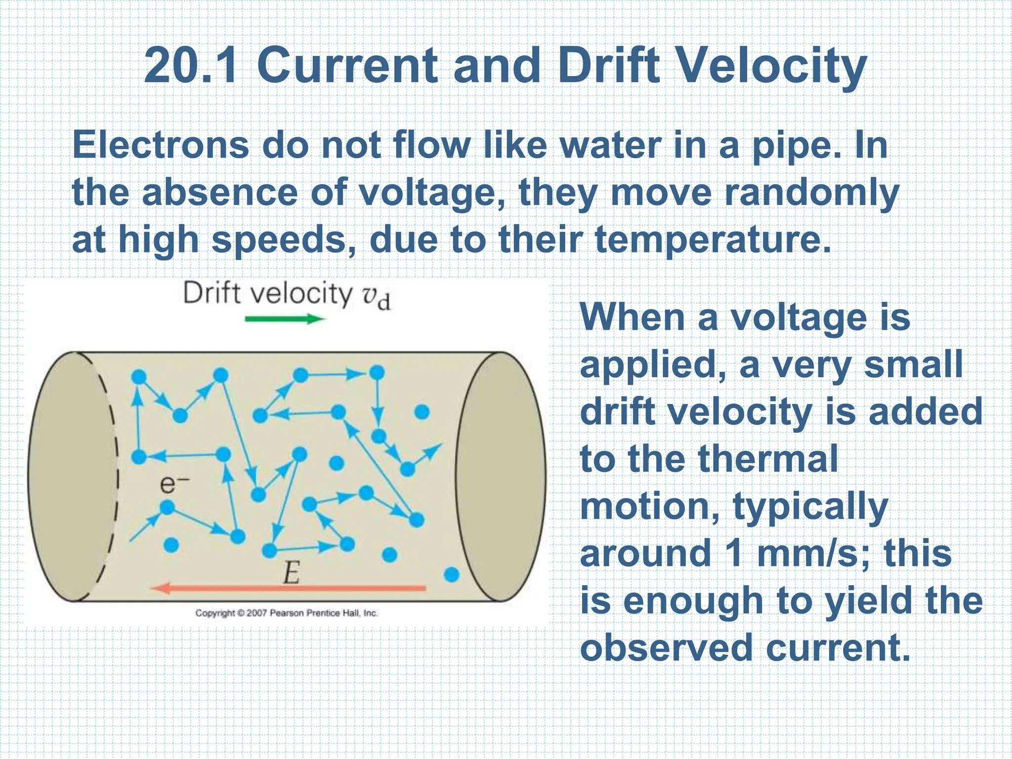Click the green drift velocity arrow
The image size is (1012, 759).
[x=284, y=319]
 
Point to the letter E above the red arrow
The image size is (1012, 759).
[x=291, y=573]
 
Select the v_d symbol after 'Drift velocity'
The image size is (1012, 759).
[x=377, y=296]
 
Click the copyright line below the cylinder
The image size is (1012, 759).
[x=286, y=613]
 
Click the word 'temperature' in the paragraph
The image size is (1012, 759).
[x=712, y=240]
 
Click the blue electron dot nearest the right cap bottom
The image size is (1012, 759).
[x=452, y=574]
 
